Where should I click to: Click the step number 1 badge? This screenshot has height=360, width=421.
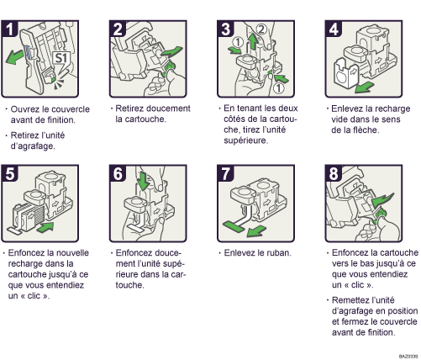tap(9, 29)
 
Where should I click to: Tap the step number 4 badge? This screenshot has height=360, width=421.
tap(334, 29)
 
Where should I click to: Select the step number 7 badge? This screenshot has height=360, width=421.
tap(225, 173)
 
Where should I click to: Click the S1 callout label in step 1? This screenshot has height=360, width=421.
tap(61, 58)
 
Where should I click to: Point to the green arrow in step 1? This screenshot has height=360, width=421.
tap(14, 57)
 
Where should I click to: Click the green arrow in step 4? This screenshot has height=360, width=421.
tap(364, 87)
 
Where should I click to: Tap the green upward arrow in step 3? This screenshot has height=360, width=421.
tap(254, 41)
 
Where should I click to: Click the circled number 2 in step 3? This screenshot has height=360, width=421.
tap(261, 29)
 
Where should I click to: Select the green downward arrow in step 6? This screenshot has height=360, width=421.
tap(144, 181)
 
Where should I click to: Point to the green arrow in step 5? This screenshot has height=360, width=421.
tap(45, 226)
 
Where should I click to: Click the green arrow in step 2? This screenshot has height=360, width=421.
tap(171, 52)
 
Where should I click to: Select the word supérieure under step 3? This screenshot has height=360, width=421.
tap(246, 140)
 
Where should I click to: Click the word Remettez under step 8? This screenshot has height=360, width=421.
tap(348, 300)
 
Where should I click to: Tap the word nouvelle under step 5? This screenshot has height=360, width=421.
tap(73, 253)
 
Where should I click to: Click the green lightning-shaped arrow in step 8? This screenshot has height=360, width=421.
tap(382, 200)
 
